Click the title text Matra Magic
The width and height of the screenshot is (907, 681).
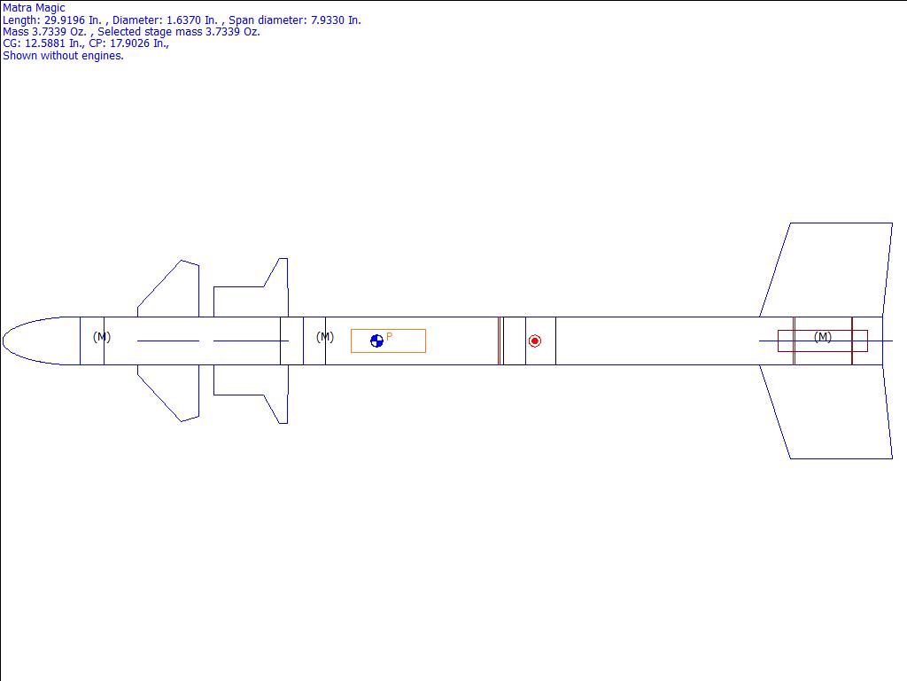34,8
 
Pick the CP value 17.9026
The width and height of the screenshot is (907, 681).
129,43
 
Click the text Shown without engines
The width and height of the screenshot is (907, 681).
63,56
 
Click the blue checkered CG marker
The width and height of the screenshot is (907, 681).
376,341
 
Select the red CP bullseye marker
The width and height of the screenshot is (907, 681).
534,341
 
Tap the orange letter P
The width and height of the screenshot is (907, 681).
390,336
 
